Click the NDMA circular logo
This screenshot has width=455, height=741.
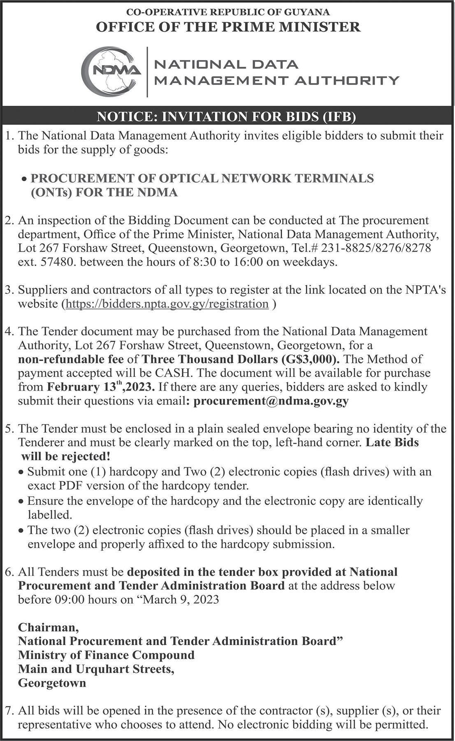(110, 71)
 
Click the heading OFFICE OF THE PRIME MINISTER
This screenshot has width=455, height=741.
(228, 27)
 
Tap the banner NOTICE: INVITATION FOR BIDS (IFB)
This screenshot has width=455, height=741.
(226, 117)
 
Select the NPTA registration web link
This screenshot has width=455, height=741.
(167, 304)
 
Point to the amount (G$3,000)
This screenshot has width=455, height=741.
(311, 359)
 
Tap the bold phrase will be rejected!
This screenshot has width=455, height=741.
(66, 456)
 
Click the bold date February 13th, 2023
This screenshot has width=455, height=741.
(101, 387)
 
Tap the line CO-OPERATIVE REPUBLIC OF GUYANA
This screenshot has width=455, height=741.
(228, 12)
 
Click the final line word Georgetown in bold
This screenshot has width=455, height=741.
(52, 683)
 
